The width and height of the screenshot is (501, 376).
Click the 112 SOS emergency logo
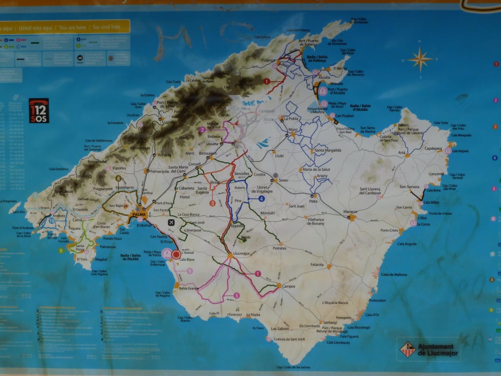coord(39,110)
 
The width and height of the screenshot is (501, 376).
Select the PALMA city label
coord(139,215)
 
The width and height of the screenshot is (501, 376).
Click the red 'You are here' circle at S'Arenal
coord(176,254)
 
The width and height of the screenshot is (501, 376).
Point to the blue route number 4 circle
coord(261,198)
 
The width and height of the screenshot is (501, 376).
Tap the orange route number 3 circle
coord(212,203)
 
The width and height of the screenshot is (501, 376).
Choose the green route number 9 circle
coord(61,250)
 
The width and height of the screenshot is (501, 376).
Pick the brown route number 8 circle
coord(118,178)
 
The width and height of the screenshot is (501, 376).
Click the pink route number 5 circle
coord(236,295)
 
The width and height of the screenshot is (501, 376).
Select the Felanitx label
coord(317,265)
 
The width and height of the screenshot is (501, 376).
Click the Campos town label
coord(289,286)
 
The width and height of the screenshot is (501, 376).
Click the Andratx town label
coord(58,215)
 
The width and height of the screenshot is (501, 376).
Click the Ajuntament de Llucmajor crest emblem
coord(408,349)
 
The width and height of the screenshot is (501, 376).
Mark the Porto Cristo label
coord(389,230)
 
